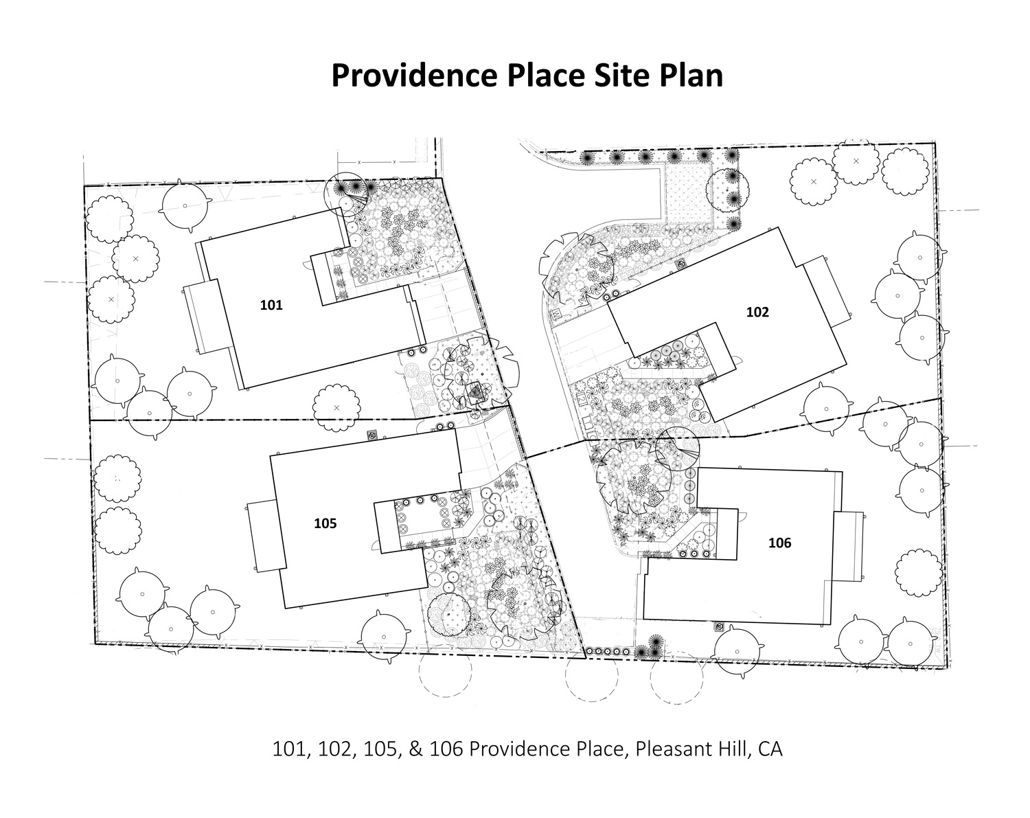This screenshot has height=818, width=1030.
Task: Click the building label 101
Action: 271,305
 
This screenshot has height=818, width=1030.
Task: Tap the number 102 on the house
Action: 757,313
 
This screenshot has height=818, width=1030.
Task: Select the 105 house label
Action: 325,523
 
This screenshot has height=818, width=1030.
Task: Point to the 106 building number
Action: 779,543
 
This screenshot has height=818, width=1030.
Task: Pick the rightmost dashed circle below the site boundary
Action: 677,678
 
